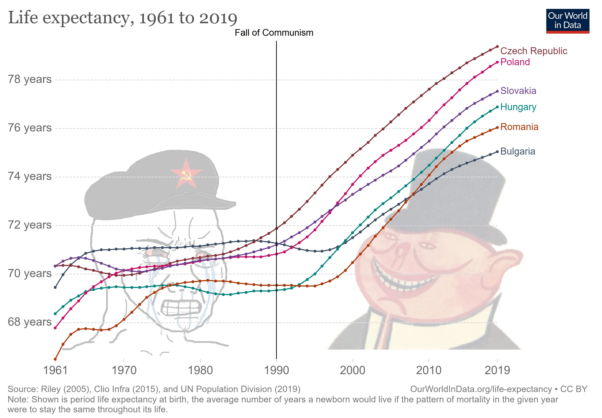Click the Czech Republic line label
534,51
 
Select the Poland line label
515,62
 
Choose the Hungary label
518,107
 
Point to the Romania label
519,127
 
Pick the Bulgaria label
518,151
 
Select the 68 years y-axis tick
30,322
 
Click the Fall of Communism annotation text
274,33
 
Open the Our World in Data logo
567,21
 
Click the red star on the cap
186,173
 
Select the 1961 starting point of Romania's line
55,359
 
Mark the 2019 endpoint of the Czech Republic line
497,47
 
